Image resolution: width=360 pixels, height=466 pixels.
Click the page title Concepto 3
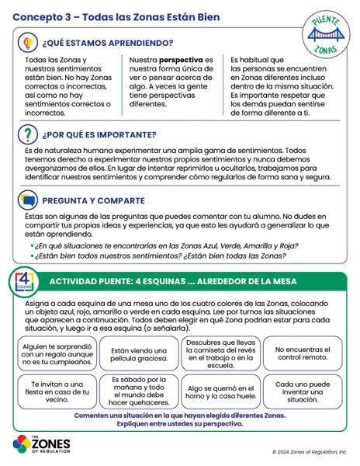click(116, 16)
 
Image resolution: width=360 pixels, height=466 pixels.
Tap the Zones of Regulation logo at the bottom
click(43, 445)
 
